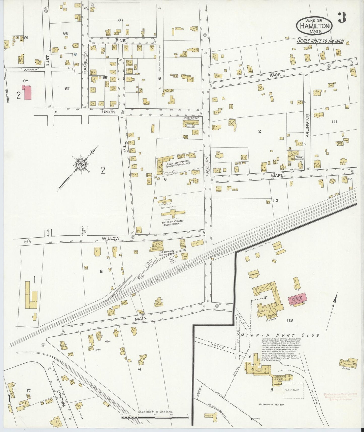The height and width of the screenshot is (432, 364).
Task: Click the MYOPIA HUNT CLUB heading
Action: tap(280, 335)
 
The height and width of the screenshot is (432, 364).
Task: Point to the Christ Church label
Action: tap(191, 118)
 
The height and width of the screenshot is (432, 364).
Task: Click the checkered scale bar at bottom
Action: tap(155, 418)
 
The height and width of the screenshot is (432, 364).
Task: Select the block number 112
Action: tap(275, 201)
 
